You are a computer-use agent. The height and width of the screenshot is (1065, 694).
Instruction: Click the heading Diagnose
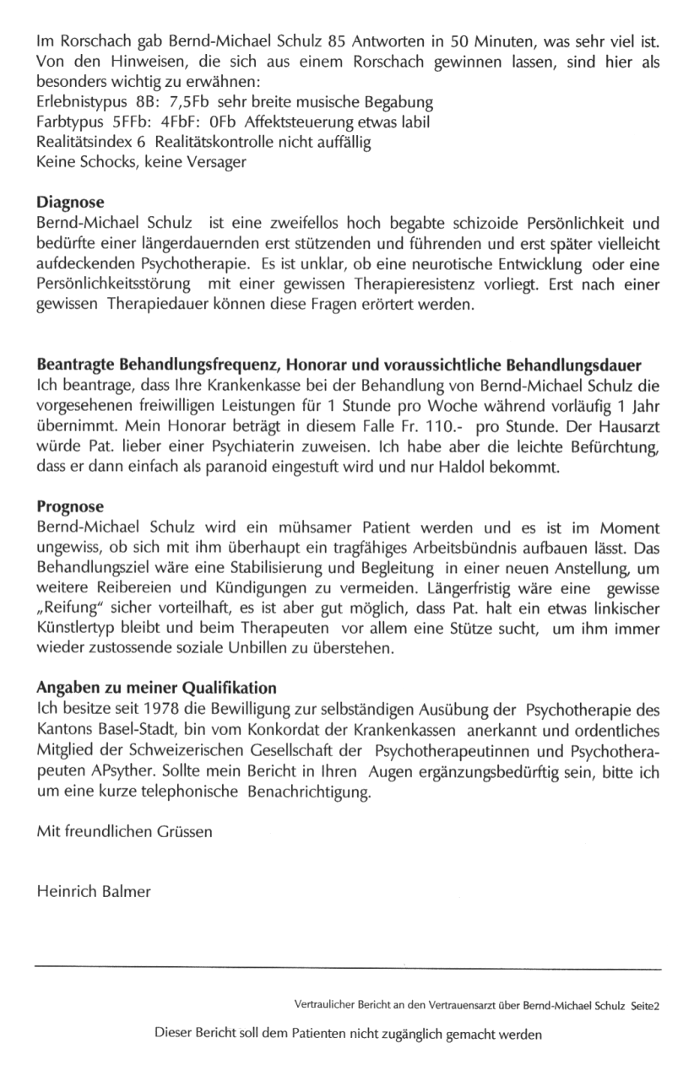71,203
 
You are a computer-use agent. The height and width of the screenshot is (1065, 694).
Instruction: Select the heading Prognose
70,507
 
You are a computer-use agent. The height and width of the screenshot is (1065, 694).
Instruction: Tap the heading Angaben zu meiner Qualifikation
157,688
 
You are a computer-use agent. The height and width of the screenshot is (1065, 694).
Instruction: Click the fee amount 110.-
435,426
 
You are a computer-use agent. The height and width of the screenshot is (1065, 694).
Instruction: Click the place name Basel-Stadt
122,728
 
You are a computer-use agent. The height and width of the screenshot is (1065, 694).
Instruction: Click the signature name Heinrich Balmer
94,892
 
